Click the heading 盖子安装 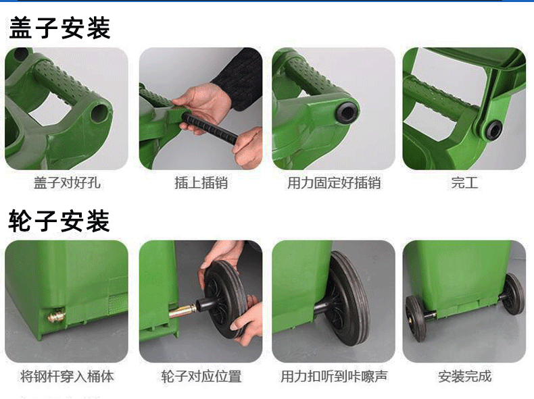click(x=59, y=28)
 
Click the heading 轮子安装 click(x=59, y=221)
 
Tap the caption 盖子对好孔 click(x=67, y=183)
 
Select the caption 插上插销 click(x=201, y=183)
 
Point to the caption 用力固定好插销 click(x=334, y=183)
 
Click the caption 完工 click(x=464, y=183)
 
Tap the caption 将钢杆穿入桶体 click(x=67, y=376)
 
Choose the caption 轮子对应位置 click(x=201, y=376)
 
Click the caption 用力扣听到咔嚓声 click(x=334, y=376)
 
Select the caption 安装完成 click(x=464, y=376)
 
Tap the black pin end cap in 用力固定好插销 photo click(x=347, y=112)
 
